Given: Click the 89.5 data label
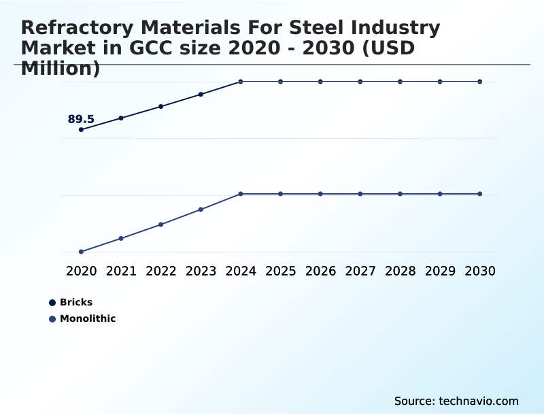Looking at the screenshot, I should click(81, 119).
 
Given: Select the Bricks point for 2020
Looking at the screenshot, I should click(82, 129).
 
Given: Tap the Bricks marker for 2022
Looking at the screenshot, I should click(161, 106).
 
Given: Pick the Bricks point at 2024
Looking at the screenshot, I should click(241, 82).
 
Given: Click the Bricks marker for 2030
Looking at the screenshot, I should click(479, 82).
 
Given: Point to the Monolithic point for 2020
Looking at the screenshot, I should click(82, 252).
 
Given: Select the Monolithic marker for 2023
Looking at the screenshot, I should click(201, 210).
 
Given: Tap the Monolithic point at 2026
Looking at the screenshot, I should click(320, 194).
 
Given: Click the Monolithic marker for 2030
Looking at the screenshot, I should click(479, 194).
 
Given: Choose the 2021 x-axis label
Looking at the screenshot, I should click(121, 271).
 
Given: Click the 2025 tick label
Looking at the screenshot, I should click(280, 271).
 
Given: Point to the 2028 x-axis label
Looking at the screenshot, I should click(400, 271).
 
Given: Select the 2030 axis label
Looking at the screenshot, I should click(479, 271).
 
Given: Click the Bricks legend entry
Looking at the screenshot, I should click(76, 302).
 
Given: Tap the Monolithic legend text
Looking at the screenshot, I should click(88, 318).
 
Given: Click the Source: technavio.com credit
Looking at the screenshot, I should click(456, 401).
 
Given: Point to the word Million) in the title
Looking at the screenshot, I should click(61, 68).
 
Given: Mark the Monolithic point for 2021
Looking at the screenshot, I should click(121, 238).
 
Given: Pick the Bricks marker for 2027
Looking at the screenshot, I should click(360, 82).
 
